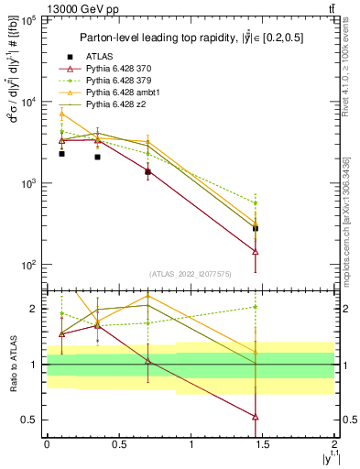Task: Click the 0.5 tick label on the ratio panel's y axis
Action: [29, 420]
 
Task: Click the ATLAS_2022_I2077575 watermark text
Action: [190, 274]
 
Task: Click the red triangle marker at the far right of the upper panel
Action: [256, 251]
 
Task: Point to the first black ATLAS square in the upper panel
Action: [61, 154]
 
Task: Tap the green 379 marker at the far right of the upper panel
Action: [256, 202]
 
